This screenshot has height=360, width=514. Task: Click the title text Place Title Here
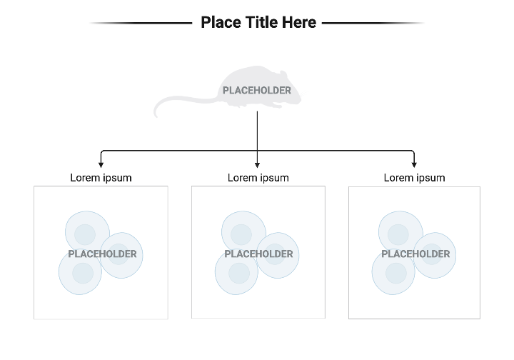point(258,22)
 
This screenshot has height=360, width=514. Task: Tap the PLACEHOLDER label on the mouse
point(257,91)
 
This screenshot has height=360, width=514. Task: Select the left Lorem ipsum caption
point(101,178)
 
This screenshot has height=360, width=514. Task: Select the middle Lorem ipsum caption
point(258,178)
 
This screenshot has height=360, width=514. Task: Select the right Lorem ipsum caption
point(414,178)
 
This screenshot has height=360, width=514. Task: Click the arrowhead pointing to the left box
point(101,165)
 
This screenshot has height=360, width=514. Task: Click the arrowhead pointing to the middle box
point(257,165)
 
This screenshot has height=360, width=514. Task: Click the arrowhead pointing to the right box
point(414,165)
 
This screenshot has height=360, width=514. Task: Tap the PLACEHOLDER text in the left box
point(102,254)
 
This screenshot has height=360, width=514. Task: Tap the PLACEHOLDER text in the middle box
point(258,254)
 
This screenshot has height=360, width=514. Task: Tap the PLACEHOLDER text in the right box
point(415,254)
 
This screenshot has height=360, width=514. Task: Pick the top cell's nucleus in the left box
point(85,234)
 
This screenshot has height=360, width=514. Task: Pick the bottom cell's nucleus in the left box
point(82,272)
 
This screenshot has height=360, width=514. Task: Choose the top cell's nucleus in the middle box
point(241,234)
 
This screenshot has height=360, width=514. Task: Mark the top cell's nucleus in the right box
point(398,234)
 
